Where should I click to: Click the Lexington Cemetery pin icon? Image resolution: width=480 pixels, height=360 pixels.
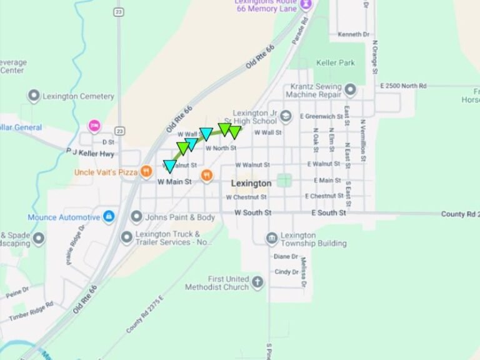[x=34, y=96]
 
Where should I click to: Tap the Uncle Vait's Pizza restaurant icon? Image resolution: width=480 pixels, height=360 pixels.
[x=146, y=171]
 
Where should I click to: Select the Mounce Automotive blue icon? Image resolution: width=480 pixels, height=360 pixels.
[x=109, y=217]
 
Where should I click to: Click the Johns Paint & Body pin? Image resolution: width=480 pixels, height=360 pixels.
[x=136, y=217]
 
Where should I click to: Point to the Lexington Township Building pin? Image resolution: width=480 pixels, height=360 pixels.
[x=271, y=238]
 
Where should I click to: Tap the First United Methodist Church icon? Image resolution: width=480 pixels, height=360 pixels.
[x=257, y=282]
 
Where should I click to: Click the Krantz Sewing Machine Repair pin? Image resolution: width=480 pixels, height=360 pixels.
[x=351, y=91]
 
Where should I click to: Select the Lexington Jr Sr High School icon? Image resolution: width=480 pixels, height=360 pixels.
[x=286, y=116]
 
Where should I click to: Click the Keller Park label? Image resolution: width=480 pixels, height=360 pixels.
[x=336, y=62]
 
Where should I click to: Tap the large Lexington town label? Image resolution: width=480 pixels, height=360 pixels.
[x=251, y=183]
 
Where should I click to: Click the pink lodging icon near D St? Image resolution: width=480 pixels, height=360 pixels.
[x=94, y=126]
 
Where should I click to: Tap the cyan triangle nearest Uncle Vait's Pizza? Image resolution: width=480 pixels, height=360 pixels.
[x=169, y=166]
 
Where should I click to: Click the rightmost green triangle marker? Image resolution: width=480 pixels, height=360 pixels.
[x=234, y=132]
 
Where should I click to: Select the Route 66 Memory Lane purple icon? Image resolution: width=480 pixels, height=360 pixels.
[x=306, y=5]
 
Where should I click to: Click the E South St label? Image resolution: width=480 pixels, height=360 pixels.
[x=329, y=213]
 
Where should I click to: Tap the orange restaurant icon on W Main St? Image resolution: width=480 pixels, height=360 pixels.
[x=207, y=177]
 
